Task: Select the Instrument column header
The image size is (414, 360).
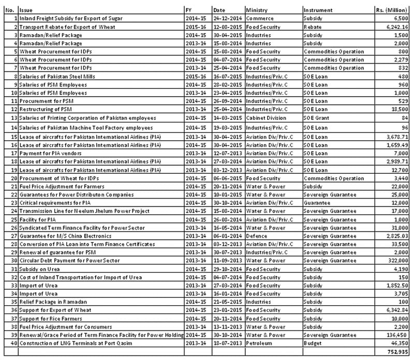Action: (x=318, y=10)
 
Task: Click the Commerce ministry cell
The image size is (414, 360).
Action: (x=258, y=19)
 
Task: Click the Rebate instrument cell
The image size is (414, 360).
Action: (x=313, y=27)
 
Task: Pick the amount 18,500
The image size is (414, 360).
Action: (x=398, y=110)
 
